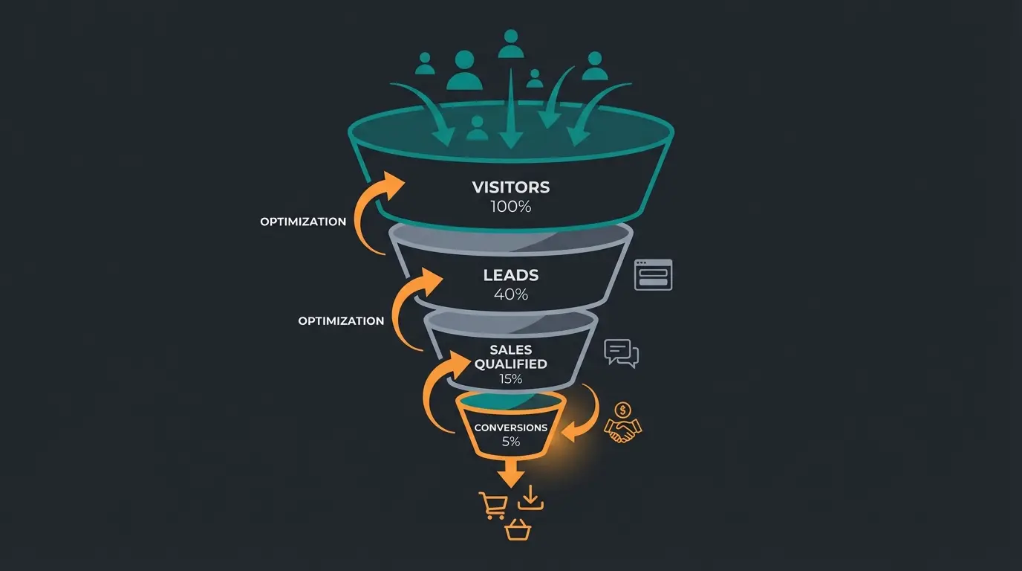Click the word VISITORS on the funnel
(511, 187)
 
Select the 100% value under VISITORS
(511, 207)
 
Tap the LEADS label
(511, 275)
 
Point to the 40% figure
(511, 294)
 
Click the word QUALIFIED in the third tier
(511, 364)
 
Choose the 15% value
(511, 379)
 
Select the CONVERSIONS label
(511, 428)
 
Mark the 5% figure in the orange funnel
(511, 442)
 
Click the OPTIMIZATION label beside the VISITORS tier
(303, 222)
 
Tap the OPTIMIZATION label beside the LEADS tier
(341, 321)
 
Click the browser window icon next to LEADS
(653, 274)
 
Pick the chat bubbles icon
(622, 352)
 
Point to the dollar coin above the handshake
(623, 410)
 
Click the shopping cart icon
(493, 505)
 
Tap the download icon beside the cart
(531, 498)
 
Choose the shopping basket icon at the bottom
(518, 530)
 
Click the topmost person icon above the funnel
(510, 44)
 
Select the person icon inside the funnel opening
(477, 128)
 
